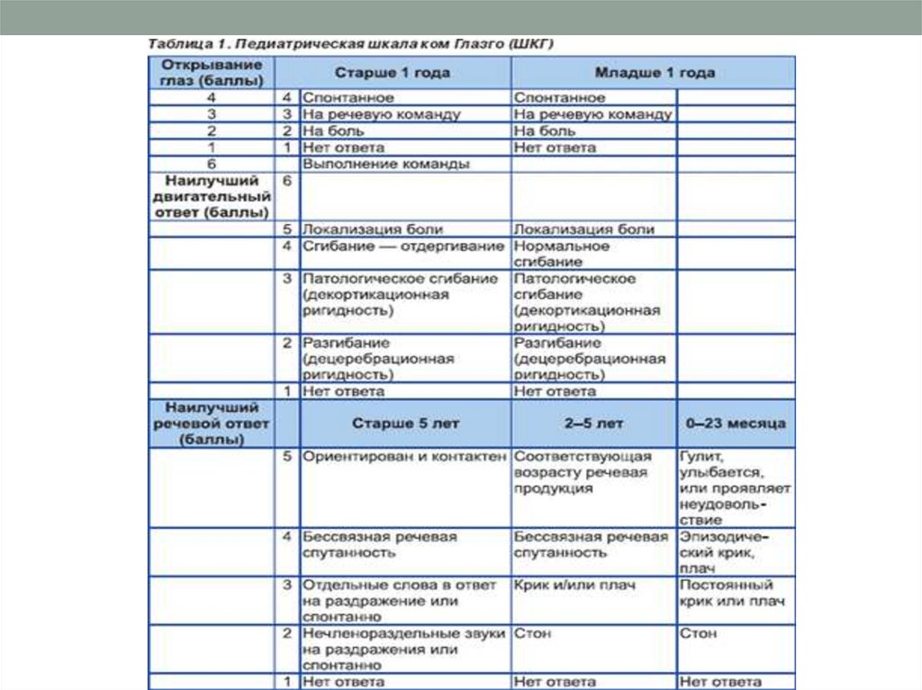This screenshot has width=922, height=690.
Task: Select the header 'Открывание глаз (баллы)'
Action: pos(212,72)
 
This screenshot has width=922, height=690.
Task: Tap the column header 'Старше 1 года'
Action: pos(393,73)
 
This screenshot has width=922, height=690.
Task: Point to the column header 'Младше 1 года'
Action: pos(655,73)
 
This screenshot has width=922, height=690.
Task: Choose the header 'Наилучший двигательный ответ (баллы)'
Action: pos(212,196)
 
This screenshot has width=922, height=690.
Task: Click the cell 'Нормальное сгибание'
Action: pos(561,253)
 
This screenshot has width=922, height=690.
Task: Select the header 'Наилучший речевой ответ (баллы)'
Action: pos(212,423)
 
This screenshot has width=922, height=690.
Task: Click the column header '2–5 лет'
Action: pos(594,423)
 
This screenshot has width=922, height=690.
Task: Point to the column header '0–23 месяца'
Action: pos(735,423)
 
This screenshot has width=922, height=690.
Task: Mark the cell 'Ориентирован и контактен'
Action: pos(404,456)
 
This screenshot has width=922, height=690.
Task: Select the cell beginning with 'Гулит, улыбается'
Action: pos(734,487)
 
